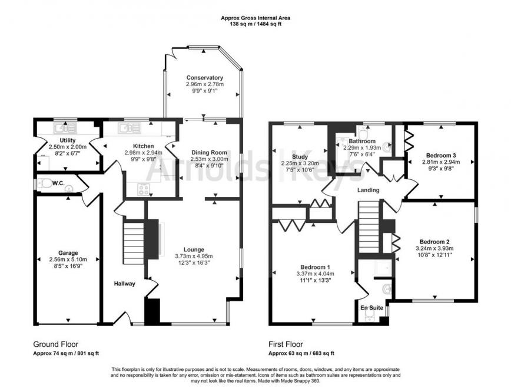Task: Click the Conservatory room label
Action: click(204, 78)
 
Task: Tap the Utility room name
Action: click(68, 140)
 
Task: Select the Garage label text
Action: click(68, 252)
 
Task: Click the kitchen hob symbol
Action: click(143, 189)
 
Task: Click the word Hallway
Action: click(124, 284)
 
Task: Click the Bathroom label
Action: click(361, 142)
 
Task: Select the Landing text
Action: click(368, 190)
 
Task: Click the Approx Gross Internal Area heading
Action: click(255, 18)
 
